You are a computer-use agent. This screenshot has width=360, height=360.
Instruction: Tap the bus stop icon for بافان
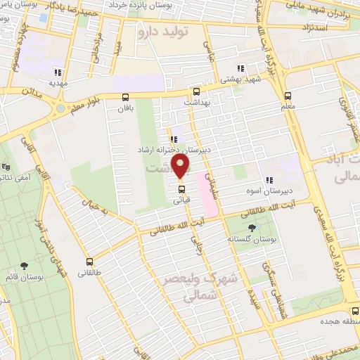(x=125, y=97)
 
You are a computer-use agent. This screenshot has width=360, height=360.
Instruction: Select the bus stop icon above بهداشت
(x=196, y=91)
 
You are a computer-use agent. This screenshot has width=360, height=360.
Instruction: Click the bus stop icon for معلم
(x=287, y=96)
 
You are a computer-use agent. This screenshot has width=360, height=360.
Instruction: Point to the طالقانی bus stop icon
(x=89, y=261)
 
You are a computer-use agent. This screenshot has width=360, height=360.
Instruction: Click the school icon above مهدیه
(x=57, y=72)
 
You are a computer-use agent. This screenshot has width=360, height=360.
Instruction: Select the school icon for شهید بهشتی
(x=240, y=69)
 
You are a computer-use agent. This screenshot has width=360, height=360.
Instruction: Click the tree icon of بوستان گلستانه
(x=252, y=227)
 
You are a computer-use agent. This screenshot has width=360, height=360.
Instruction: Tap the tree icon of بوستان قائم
(x=25, y=265)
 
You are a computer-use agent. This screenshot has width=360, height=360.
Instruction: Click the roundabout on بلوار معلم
(x=60, y=109)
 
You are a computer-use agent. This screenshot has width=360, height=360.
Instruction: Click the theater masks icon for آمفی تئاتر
(x=6, y=167)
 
